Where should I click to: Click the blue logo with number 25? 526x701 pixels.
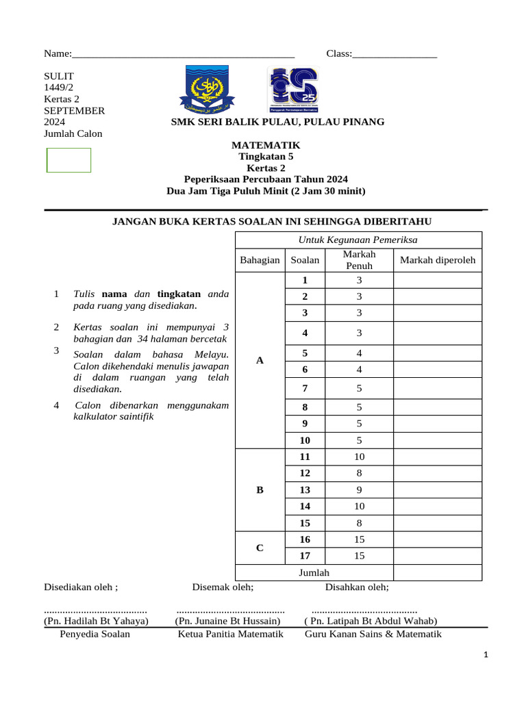(x=292, y=90)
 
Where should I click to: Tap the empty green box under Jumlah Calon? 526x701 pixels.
(x=68, y=160)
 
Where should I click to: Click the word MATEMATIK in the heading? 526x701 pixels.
(x=266, y=145)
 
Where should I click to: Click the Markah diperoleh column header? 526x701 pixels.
(x=437, y=260)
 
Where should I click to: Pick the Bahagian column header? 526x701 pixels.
(x=260, y=260)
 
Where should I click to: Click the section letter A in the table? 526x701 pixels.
(x=260, y=360)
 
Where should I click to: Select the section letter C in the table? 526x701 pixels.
(x=260, y=548)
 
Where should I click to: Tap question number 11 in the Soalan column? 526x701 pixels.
(x=305, y=457)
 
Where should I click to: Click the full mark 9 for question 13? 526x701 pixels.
(x=359, y=489)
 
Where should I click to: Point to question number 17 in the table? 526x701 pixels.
(x=305, y=556)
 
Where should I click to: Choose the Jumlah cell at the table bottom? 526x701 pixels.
(x=314, y=572)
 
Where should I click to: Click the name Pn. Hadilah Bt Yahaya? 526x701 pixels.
(x=96, y=621)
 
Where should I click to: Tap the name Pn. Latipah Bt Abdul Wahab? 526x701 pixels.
(x=371, y=621)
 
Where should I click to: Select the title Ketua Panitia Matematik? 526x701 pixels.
(x=230, y=634)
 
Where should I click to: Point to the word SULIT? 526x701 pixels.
(x=59, y=76)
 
